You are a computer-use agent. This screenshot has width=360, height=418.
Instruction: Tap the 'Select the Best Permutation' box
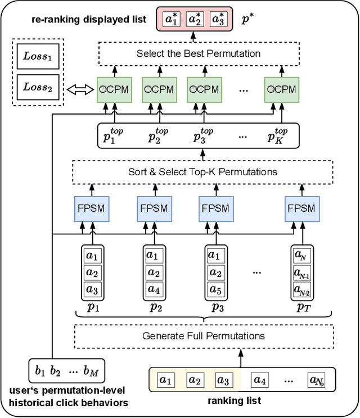tap(199, 54)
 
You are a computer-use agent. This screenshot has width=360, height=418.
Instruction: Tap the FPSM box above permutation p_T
tap(301, 208)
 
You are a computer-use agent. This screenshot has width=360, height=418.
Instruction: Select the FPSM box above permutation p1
tap(91, 208)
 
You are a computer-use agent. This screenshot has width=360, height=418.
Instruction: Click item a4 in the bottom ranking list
tap(259, 380)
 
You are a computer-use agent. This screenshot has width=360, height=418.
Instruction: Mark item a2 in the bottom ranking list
tap(195, 380)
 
